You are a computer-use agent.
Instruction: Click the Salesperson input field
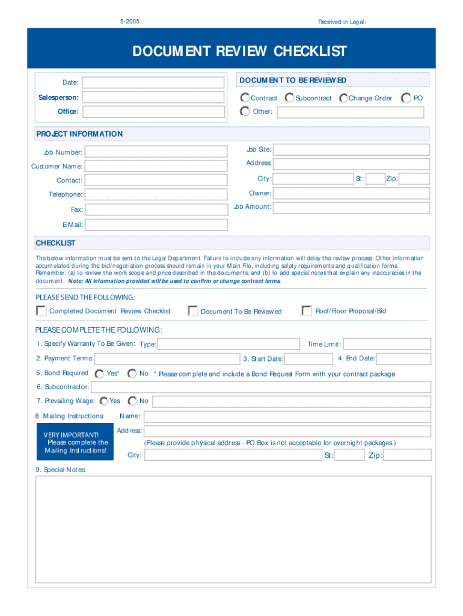click(x=155, y=97)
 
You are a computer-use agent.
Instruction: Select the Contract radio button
click(x=245, y=97)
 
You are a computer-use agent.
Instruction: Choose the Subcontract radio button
click(x=290, y=97)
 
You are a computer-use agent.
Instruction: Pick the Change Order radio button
click(x=343, y=97)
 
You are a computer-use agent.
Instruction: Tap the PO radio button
click(x=406, y=97)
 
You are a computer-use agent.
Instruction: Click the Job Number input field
click(x=156, y=152)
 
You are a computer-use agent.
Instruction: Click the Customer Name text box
click(x=156, y=166)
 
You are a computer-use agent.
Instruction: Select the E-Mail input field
click(x=156, y=225)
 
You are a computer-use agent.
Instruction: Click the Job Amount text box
click(x=352, y=208)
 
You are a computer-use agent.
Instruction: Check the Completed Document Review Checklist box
click(x=41, y=311)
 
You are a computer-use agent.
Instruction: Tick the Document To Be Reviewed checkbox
click(x=193, y=311)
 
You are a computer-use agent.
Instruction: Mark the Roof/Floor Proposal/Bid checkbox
click(x=307, y=311)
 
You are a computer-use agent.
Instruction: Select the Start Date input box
click(x=309, y=359)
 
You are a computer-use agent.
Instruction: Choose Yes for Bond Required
click(x=100, y=374)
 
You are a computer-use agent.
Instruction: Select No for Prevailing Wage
click(x=132, y=401)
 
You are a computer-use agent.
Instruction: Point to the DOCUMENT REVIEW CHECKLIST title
click(x=240, y=51)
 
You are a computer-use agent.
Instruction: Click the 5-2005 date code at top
click(x=130, y=22)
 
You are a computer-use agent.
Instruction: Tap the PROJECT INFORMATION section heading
click(x=79, y=134)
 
